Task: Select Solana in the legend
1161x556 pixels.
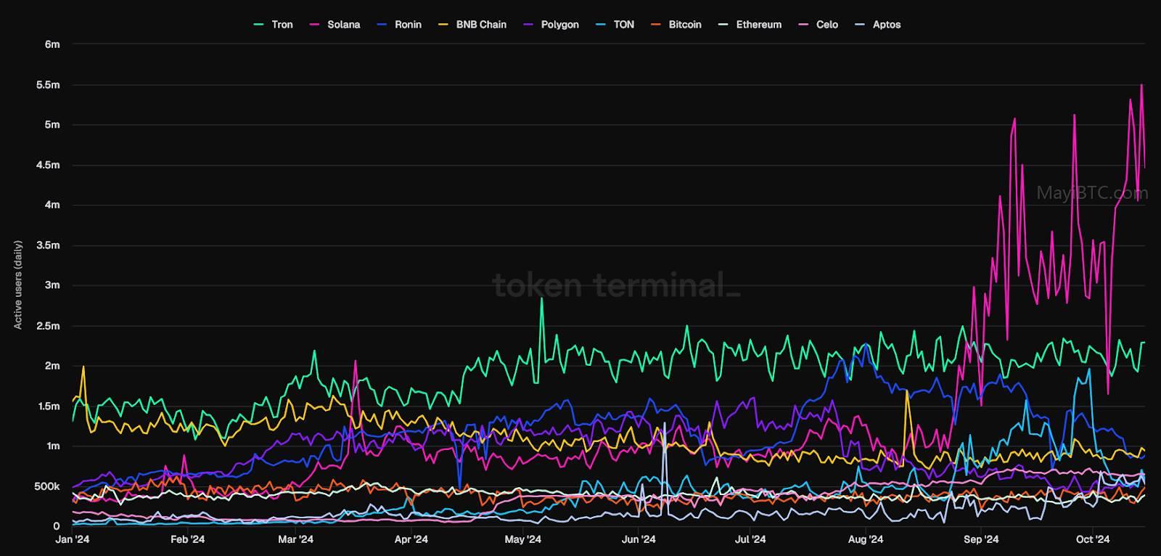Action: coord(335,25)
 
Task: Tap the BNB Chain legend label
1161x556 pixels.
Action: coord(472,25)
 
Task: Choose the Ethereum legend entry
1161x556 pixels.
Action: coord(750,25)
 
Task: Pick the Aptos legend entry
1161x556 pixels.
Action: coord(878,25)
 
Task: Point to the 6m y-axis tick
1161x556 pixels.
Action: coord(52,44)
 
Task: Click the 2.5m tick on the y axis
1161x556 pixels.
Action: coord(48,326)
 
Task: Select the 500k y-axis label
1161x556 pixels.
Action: coord(47,486)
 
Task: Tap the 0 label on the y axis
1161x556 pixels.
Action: coord(57,526)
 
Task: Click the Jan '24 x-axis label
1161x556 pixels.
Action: coord(73,539)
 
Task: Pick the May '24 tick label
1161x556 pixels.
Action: coord(523,539)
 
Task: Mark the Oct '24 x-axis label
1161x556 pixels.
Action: coord(1093,539)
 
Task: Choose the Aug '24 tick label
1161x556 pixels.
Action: coord(866,539)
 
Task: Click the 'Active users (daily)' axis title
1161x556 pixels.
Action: coord(18,285)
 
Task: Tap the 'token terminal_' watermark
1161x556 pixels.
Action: coord(616,285)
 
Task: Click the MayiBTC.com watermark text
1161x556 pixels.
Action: coord(1092,193)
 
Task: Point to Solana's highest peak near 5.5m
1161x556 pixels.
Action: coord(1141,84)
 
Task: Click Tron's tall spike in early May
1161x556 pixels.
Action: coord(541,298)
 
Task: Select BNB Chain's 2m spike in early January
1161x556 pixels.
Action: coord(83,367)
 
